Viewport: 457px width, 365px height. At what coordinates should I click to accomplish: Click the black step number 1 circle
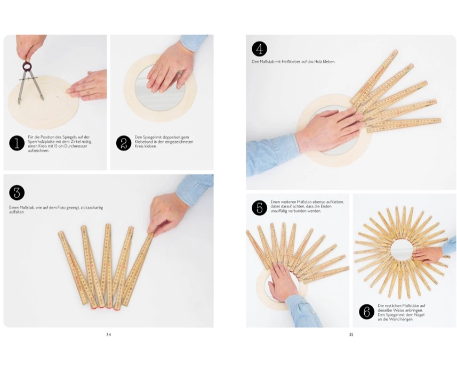17,143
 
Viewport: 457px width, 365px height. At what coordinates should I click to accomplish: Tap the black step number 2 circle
124,143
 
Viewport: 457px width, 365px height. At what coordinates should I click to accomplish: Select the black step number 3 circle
17,192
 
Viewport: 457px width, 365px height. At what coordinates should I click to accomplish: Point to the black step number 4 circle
259,49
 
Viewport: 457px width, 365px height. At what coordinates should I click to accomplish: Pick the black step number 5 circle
259,208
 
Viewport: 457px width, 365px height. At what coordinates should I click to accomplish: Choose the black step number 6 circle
367,312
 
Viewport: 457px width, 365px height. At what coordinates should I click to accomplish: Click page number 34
108,335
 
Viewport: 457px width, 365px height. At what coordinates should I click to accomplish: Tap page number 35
351,335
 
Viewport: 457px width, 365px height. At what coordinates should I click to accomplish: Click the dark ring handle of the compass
27,66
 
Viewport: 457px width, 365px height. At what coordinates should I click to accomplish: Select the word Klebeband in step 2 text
143,142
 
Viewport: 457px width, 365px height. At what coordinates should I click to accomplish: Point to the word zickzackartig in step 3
91,208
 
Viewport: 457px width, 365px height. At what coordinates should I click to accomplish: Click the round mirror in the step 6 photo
402,250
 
